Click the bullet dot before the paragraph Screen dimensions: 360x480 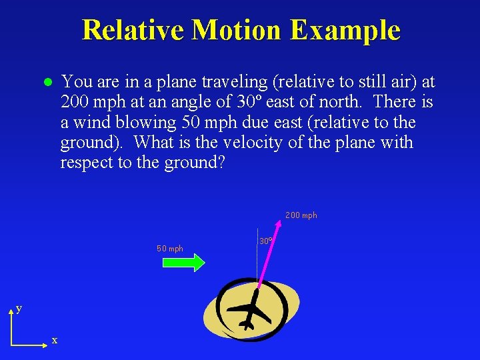pyautogui.click(x=47, y=83)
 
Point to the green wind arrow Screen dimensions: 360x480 pyautogui.click(x=183, y=263)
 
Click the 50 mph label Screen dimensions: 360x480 pyautogui.click(x=170, y=249)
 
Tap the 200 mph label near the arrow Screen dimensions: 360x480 pyautogui.click(x=301, y=215)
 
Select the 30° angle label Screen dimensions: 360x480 pyautogui.click(x=265, y=241)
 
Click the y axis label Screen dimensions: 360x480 pyautogui.click(x=19, y=308)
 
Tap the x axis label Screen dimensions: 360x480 pyautogui.click(x=55, y=341)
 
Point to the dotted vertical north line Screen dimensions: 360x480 pyautogui.click(x=257, y=267)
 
